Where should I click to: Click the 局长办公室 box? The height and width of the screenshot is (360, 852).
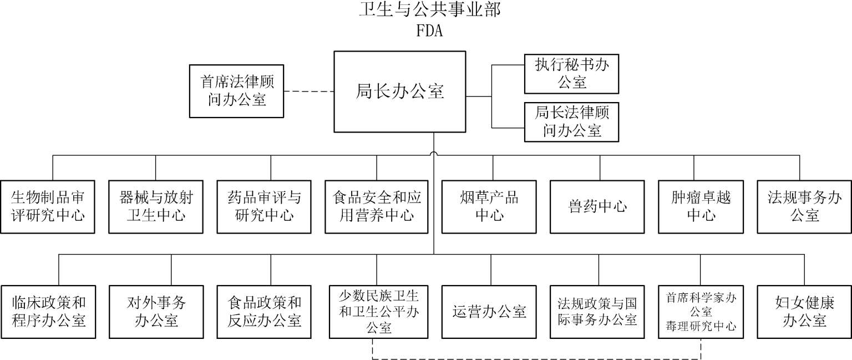[x=399, y=92]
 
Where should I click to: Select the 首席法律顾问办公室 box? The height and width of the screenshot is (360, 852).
[x=237, y=91]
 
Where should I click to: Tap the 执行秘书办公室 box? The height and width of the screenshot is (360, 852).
[x=571, y=74]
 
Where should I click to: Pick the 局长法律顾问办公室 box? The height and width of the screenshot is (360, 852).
[x=571, y=122]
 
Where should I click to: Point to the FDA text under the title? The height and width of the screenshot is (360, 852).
[x=429, y=31]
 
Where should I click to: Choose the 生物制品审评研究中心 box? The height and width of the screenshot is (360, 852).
[x=48, y=206]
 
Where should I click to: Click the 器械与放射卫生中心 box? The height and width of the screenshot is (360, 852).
[x=156, y=206]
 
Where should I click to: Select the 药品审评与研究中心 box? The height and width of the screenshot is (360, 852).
[x=264, y=206]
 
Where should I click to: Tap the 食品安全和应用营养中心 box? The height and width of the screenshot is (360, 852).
[x=377, y=206]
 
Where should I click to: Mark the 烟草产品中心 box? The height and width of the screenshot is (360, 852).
[x=489, y=206]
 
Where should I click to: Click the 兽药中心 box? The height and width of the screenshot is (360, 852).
[x=597, y=206]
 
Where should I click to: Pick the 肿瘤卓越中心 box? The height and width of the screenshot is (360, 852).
[x=701, y=206]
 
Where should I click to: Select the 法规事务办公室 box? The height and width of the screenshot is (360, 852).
[x=804, y=206]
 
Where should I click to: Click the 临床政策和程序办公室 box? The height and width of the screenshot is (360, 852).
[x=48, y=312]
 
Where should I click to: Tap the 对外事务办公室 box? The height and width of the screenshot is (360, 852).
[x=156, y=312]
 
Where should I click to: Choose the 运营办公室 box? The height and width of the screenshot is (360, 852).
[x=489, y=312]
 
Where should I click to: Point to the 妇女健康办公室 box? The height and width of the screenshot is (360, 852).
[x=804, y=312]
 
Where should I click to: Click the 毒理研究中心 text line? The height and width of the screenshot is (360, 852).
[x=701, y=327]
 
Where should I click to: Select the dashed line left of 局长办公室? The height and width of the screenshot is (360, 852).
[x=308, y=91]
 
